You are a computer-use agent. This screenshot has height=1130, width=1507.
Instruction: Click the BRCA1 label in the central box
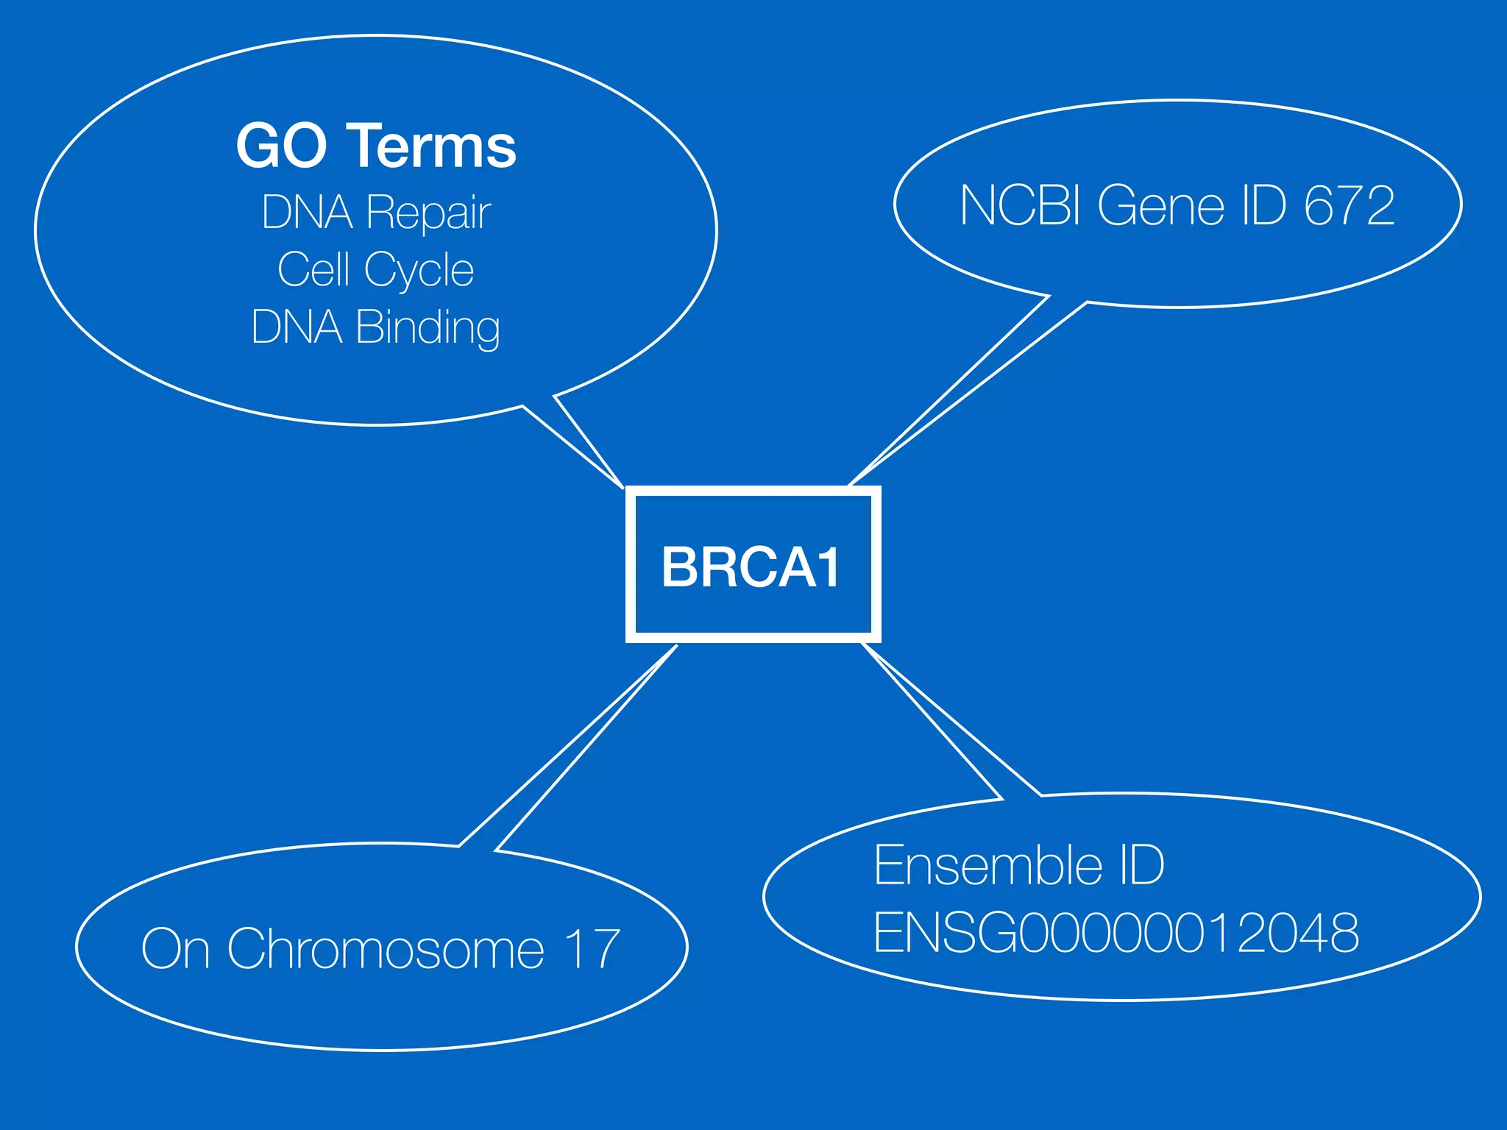click(x=751, y=567)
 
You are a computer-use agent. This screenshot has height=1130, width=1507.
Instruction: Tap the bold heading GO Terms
click(x=376, y=146)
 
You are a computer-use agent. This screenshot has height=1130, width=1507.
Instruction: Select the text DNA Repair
click(x=376, y=213)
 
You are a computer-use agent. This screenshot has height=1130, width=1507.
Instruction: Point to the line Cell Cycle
click(x=376, y=270)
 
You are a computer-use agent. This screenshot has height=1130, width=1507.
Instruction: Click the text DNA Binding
click(x=376, y=327)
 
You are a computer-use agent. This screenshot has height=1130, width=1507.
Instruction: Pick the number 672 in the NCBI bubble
click(x=1350, y=205)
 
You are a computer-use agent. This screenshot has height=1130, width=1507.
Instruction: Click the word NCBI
click(x=1020, y=205)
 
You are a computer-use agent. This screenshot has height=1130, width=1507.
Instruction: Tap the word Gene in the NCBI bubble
click(x=1161, y=205)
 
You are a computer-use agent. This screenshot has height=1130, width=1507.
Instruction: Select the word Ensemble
click(x=988, y=865)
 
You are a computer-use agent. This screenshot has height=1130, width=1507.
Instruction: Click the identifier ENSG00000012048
click(x=1116, y=933)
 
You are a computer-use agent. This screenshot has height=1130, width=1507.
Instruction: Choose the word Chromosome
click(x=386, y=949)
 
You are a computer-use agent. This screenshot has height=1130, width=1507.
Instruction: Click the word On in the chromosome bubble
click(x=176, y=949)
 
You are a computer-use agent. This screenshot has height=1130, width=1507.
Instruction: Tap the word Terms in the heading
click(x=432, y=146)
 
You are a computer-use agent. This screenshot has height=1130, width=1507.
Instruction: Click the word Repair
click(x=428, y=213)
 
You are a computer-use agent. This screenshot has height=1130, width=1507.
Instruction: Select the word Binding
click(x=428, y=327)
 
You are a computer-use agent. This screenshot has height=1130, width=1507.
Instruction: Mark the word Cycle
click(x=419, y=270)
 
